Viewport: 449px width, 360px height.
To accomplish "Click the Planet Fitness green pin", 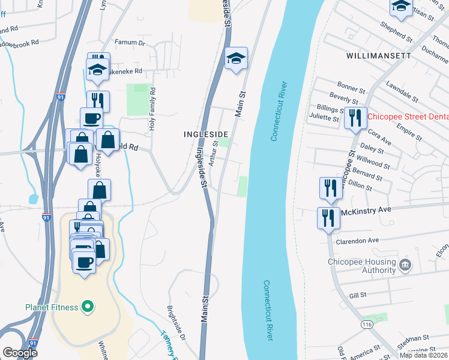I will coord(88,308).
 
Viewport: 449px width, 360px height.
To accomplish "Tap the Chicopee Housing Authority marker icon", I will coord(405,265).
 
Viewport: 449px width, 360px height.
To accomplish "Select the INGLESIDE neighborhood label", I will coord(206,134).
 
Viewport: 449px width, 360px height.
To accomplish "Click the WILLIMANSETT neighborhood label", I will coord(379,55).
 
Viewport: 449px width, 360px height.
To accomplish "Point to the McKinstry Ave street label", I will coord(366,210).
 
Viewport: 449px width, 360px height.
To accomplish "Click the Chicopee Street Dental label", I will coord(408,117).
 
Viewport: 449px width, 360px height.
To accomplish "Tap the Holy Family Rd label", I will coord(152,109).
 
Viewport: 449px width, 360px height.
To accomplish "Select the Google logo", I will coord(20,352).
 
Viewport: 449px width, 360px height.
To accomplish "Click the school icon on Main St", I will coord(236,59).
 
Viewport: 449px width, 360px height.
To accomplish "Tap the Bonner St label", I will coord(347,86).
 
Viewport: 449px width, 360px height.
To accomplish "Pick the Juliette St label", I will coord(324,118).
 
